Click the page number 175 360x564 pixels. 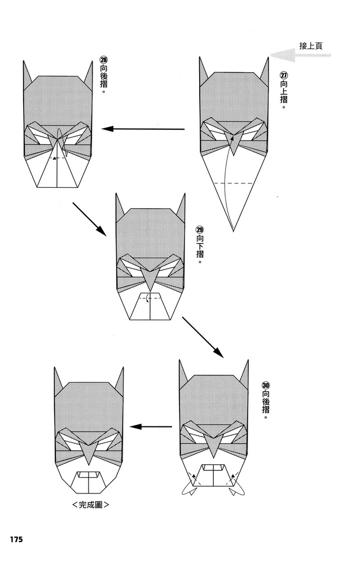15,540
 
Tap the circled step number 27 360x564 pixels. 283,76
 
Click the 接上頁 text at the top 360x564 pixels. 311,46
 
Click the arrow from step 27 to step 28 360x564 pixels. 144,129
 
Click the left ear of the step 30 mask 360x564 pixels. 183,372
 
